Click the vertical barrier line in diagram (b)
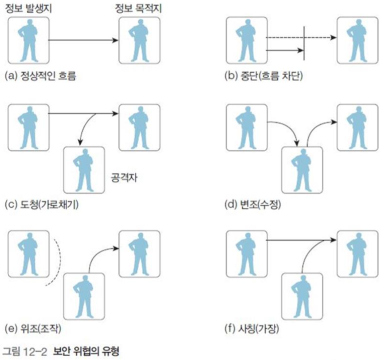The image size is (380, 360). click(304, 42)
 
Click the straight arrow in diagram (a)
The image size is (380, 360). click(84, 40)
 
